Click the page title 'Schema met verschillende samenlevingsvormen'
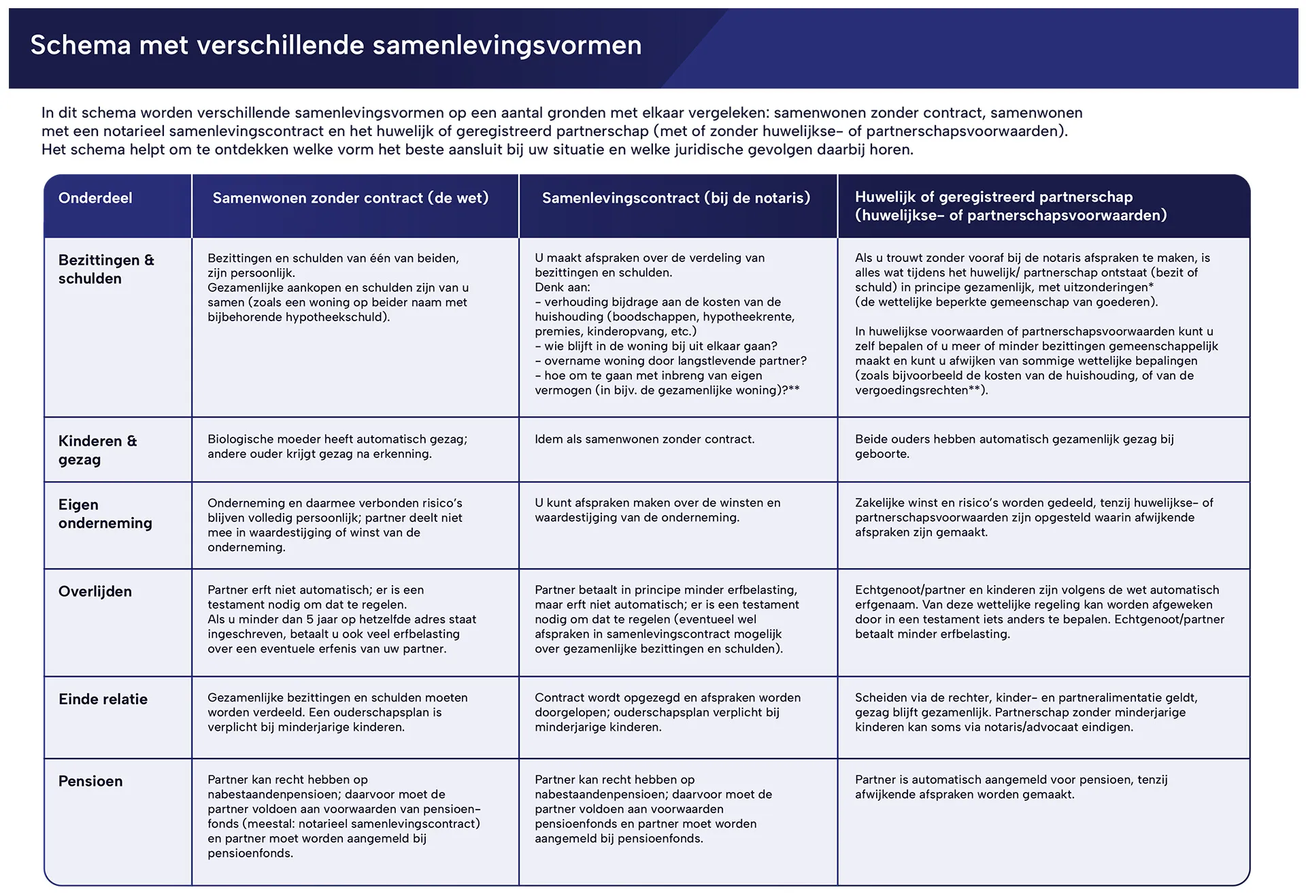336,46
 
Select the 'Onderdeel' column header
95,198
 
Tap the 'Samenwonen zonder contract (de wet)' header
350,198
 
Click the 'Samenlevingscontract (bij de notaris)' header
676,198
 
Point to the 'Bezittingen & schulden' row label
106,269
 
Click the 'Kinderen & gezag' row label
97,450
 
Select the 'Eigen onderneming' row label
105,514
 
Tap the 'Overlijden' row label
95,591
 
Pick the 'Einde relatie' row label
103,699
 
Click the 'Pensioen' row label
90,781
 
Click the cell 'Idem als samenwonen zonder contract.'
644,440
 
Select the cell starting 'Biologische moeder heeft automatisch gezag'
337,446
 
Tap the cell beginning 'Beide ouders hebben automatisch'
1014,446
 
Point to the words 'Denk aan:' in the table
562,287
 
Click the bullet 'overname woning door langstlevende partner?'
675,361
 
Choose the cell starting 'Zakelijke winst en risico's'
1033,517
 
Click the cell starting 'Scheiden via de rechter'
1026,712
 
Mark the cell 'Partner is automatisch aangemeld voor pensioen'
1011,787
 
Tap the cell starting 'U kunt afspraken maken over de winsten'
657,510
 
